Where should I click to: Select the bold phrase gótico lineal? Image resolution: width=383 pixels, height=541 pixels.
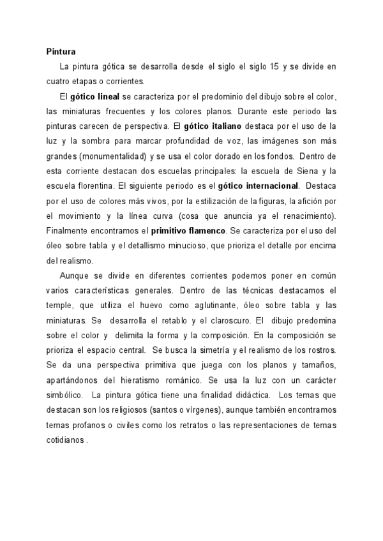[95, 96]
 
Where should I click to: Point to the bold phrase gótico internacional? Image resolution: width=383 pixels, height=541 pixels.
[258, 186]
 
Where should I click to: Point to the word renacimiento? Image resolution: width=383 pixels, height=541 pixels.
[299, 216]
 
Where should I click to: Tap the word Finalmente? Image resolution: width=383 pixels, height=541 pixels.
[69, 230]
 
